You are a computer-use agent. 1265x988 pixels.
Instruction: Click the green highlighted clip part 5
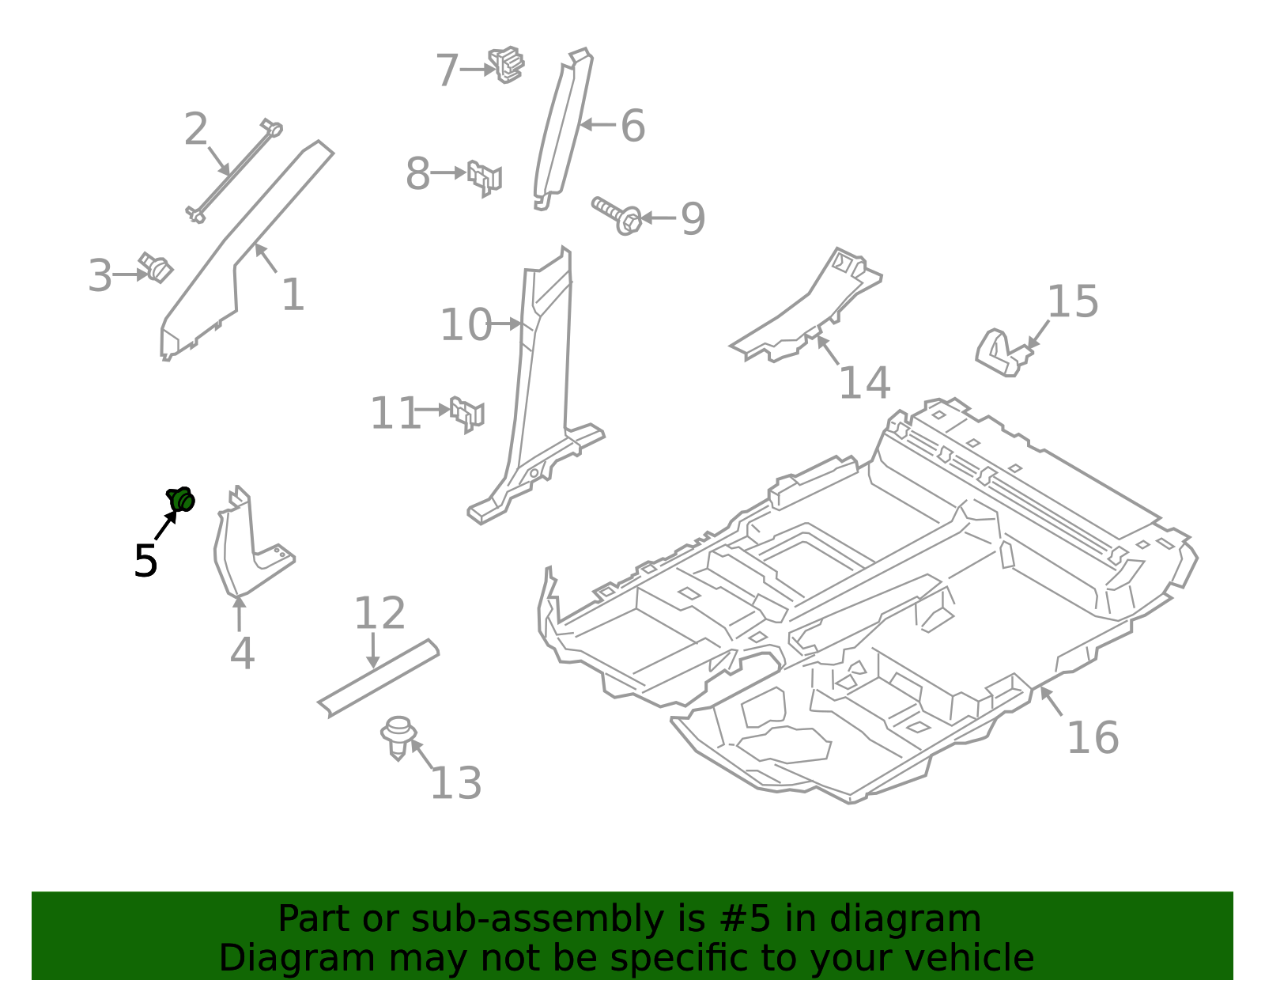181,500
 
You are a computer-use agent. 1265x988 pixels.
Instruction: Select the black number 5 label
145,562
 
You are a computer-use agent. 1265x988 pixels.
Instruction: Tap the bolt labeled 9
617,214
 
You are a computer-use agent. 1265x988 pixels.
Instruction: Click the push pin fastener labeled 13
398,736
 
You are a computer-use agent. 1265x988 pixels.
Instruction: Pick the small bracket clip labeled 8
485,177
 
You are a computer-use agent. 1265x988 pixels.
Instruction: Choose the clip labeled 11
467,414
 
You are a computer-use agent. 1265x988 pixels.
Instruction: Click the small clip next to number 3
156,267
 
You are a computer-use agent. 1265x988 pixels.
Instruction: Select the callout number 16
1093,738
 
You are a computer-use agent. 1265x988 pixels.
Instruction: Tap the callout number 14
864,384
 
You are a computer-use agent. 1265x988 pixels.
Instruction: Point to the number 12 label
379,614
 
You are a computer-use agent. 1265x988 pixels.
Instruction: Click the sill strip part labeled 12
379,679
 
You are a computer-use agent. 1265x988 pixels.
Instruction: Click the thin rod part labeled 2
233,170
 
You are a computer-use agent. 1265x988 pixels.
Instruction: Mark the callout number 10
466,325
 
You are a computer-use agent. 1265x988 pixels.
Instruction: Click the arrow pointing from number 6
598,125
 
